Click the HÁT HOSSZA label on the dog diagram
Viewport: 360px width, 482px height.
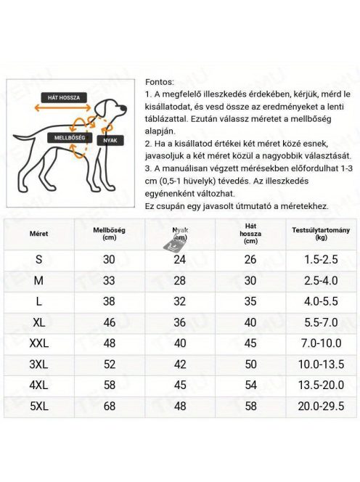64,97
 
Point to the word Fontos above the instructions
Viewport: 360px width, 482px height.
160,81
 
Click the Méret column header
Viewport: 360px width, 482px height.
38,234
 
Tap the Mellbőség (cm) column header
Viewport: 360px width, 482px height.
109,233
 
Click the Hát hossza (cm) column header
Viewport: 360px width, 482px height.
250,233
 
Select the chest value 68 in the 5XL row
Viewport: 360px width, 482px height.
109,406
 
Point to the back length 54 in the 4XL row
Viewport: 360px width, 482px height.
250,385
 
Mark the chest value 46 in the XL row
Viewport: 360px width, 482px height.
109,322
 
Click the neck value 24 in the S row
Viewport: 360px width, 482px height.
179,259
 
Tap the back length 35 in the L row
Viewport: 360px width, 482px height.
250,301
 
